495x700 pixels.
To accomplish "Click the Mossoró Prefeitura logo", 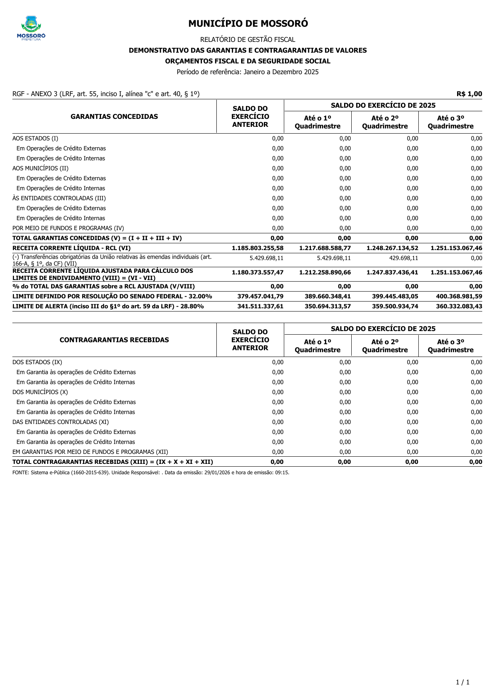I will coord(31,28).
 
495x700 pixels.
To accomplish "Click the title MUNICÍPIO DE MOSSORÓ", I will coord(248,24).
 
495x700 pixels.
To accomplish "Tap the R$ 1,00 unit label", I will coord(469,94).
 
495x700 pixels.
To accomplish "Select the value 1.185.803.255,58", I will coord(257,248).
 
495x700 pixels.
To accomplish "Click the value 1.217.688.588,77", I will coord(325,248).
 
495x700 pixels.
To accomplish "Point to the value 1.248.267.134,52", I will coord(392,248).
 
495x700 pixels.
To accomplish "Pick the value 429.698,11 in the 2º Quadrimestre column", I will coord(404,258).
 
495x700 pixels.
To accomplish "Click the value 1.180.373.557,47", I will coord(257,272).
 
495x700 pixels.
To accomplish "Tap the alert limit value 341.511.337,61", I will coord(260,306).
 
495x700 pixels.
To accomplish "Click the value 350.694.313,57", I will coord(328,306).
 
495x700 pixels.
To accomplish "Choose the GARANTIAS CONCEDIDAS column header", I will coord(114,116).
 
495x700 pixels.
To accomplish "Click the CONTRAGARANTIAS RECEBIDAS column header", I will coord(114,340).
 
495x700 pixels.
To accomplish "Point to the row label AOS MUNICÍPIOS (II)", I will coord(40,168).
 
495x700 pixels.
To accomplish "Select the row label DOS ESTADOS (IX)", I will coord(37,362).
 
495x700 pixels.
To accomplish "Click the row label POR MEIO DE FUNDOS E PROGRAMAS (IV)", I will coord(68,228).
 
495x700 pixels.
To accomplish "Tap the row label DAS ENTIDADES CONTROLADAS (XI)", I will coord(61,422).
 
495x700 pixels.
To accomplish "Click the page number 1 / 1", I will coord(463,682).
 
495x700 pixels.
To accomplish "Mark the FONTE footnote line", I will coord(151,473).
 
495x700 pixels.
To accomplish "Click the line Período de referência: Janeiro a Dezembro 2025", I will coord(247,72).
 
